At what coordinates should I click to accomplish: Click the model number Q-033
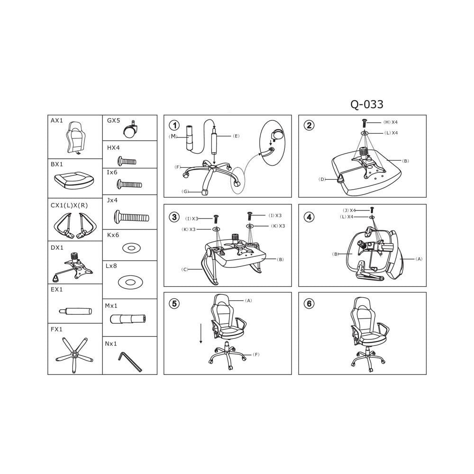pos(367,104)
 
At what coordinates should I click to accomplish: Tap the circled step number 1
pos(174,125)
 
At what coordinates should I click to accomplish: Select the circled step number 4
pos(309,217)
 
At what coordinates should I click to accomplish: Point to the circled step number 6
pos(309,303)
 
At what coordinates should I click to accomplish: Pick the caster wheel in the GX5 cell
pos(129,129)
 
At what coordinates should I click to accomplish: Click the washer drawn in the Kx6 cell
pos(131,248)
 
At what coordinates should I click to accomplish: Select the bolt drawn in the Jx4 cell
pos(131,217)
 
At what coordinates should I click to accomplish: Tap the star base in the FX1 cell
pos(74,354)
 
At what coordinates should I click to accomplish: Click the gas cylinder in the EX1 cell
pos(75,311)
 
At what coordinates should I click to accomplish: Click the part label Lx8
pos(111,266)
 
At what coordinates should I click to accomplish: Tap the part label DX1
pos(57,248)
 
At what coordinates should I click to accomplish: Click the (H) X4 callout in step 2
pos(391,122)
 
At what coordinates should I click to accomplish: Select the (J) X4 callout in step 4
pos(349,210)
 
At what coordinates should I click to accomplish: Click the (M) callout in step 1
pos(173,137)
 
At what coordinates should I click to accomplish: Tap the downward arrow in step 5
pos(201,333)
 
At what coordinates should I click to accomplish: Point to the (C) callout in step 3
pos(185,269)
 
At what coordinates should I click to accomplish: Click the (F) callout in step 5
pos(256,355)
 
